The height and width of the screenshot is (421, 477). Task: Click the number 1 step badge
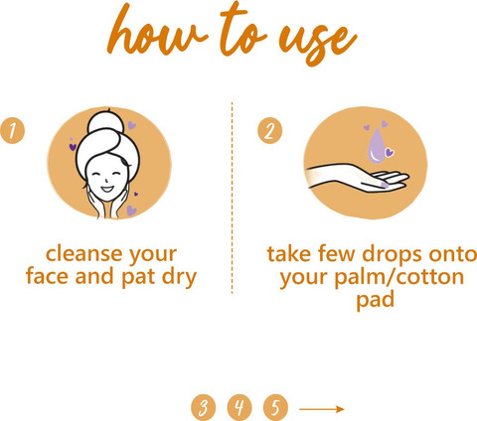pyautogui.click(x=12, y=131)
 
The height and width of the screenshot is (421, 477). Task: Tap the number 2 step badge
pyautogui.click(x=270, y=130)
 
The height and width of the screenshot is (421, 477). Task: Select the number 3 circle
pyautogui.click(x=203, y=407)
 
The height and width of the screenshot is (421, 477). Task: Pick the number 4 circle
pyautogui.click(x=239, y=407)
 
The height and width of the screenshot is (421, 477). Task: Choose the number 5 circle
pyautogui.click(x=275, y=407)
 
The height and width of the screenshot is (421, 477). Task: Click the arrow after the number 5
pyautogui.click(x=322, y=409)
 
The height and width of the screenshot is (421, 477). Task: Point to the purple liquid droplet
pyautogui.click(x=377, y=146)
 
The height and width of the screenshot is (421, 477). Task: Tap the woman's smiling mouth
pyautogui.click(x=107, y=190)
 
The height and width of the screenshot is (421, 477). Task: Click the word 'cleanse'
pyautogui.click(x=83, y=254)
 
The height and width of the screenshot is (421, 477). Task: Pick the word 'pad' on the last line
pyautogui.click(x=375, y=300)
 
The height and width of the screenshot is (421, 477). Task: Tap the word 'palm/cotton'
pyautogui.click(x=398, y=277)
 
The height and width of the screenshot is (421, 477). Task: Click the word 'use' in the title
pyautogui.click(x=318, y=42)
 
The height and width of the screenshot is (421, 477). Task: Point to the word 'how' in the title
pyautogui.click(x=157, y=33)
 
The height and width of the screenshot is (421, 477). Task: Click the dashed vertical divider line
pyautogui.click(x=232, y=198)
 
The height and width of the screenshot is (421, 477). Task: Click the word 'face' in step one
pyautogui.click(x=47, y=277)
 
